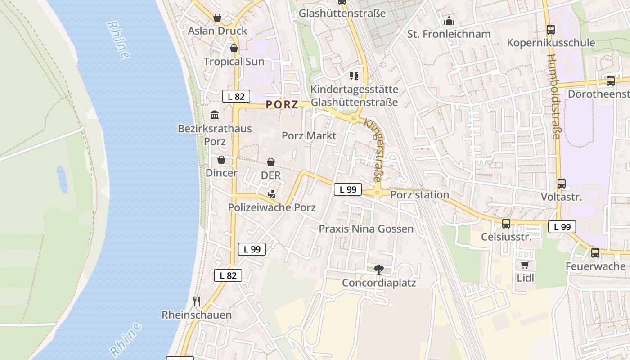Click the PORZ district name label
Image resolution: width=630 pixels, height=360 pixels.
282,105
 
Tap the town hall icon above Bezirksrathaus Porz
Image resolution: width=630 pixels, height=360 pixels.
215,115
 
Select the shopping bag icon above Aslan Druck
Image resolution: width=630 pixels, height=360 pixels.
217,18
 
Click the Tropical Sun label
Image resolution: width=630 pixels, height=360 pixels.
234,62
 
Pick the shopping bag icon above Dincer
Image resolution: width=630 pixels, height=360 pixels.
221,160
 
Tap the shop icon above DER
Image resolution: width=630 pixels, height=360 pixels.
271,162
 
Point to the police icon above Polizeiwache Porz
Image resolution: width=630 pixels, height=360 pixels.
271,194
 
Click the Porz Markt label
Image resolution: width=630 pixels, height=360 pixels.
309,135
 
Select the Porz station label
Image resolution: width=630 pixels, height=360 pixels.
420,195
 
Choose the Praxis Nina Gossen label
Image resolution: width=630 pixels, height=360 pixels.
366,229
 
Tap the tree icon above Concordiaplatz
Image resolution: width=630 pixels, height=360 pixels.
379,270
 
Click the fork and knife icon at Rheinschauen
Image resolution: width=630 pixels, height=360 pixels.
196,301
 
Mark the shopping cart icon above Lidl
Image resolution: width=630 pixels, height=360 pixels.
525,265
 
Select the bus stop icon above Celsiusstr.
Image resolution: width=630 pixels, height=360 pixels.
506,223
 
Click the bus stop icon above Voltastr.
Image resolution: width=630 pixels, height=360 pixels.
562,184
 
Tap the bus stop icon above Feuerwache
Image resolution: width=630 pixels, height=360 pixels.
595,253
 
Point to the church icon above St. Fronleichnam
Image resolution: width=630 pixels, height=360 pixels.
449,21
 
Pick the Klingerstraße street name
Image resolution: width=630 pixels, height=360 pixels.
375,150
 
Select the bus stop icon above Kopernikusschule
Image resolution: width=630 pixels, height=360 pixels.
551,30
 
